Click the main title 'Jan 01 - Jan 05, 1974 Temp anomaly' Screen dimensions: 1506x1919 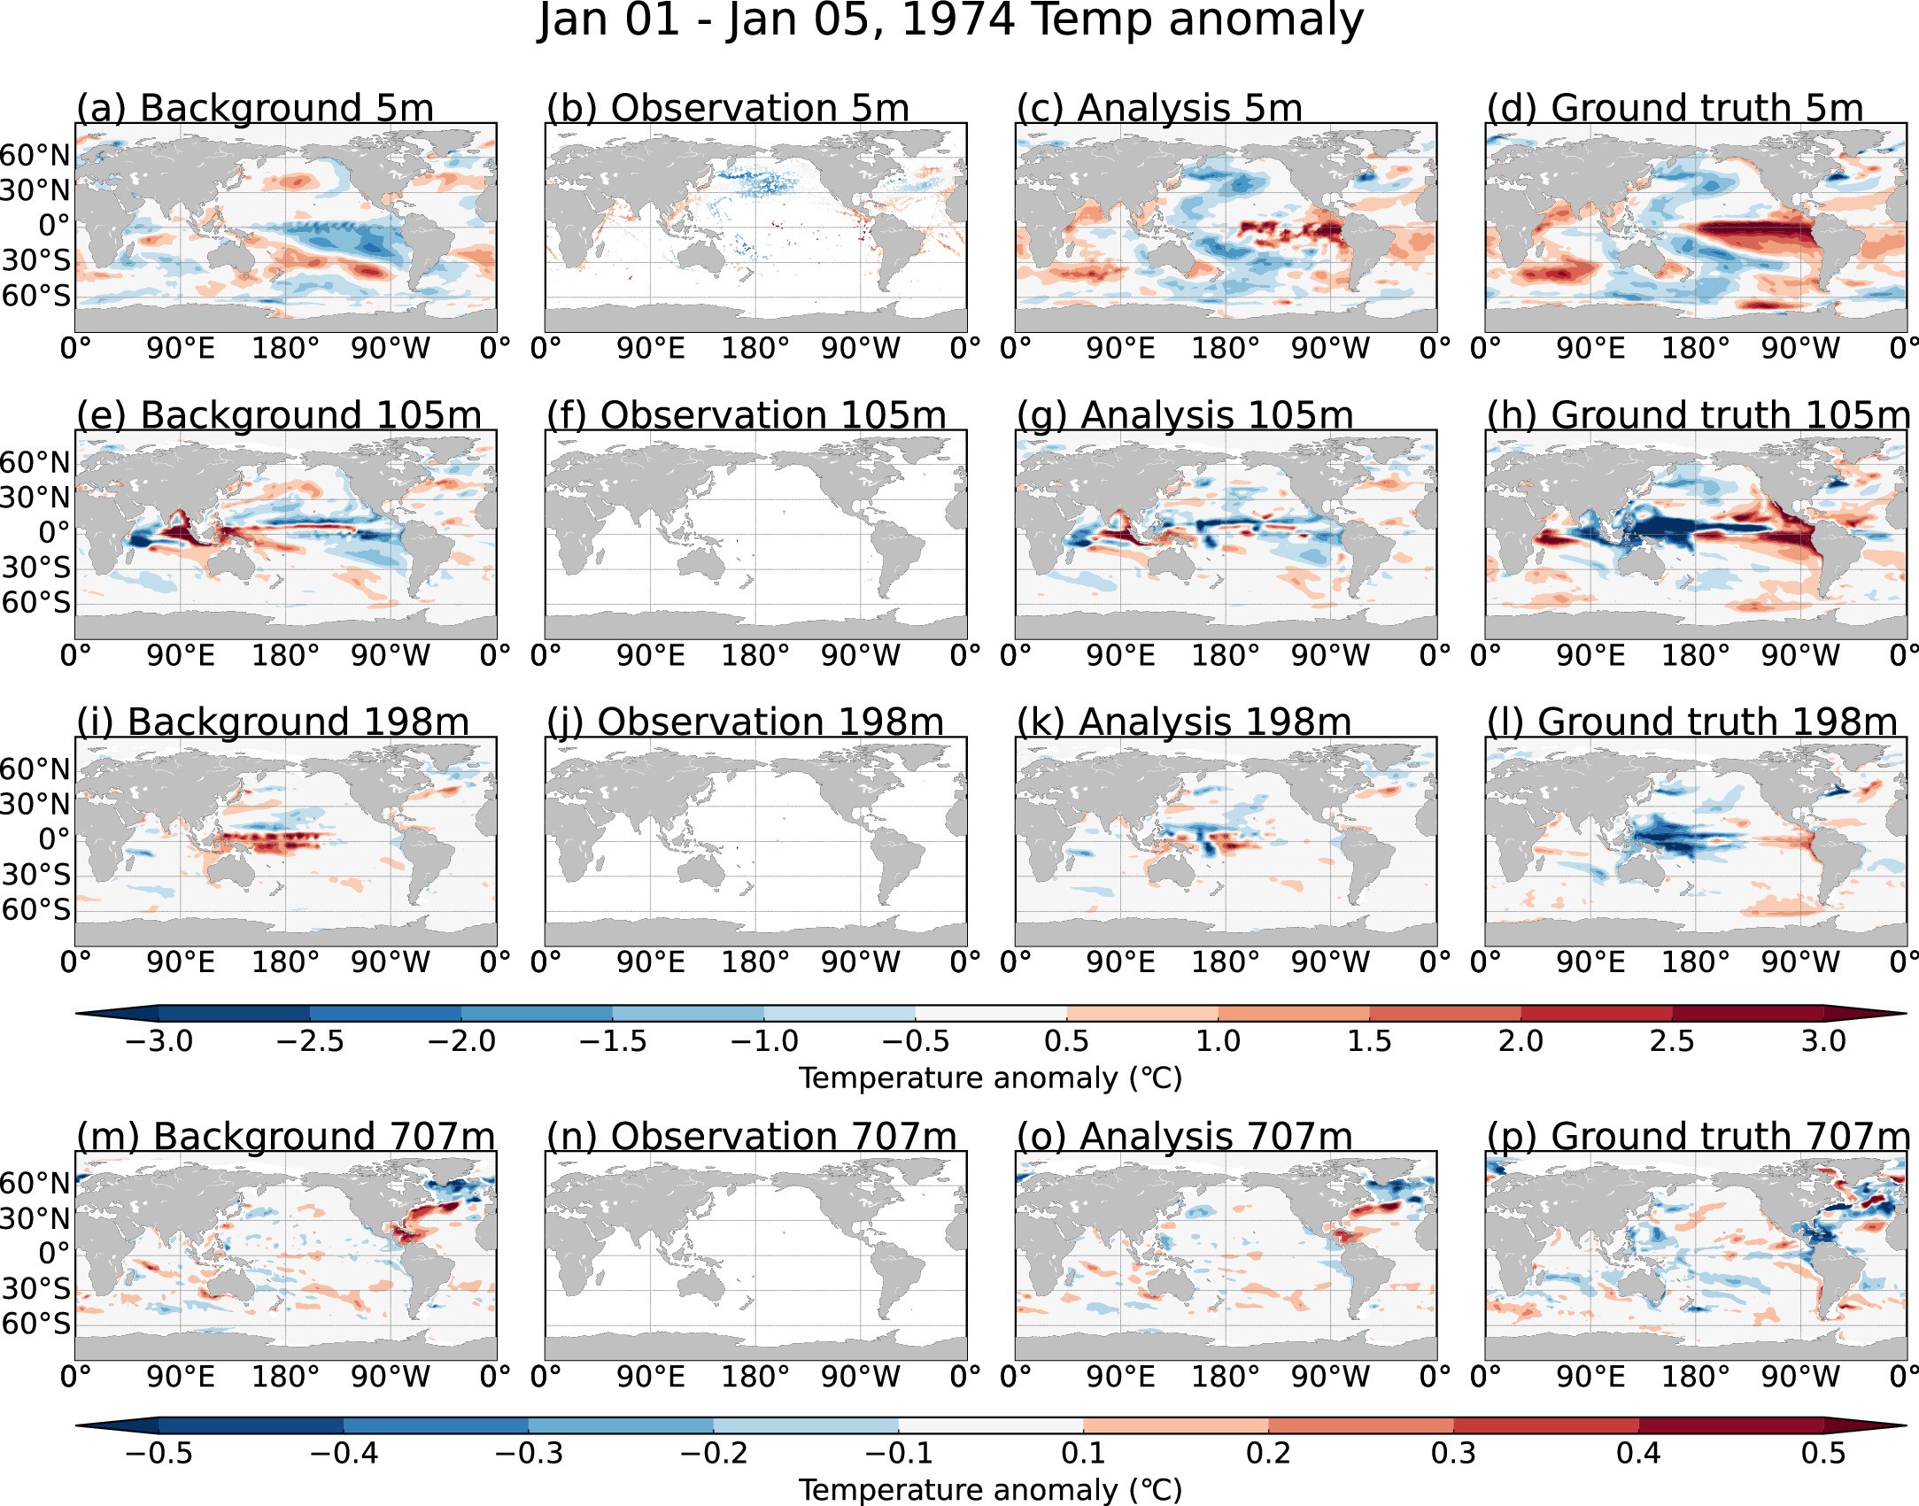(x=951, y=21)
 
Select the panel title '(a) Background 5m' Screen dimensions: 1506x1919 (x=255, y=109)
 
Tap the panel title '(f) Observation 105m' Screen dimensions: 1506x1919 (x=746, y=416)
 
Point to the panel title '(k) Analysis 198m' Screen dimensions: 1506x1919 (x=1183, y=722)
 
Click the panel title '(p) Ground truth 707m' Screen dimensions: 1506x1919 (x=1698, y=1137)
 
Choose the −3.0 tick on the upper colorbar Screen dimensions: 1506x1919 (x=159, y=1041)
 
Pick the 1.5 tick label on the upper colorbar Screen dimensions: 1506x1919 (x=1369, y=1041)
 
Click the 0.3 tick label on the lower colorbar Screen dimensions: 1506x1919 (x=1453, y=1454)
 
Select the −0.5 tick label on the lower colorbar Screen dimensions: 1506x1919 (x=159, y=1454)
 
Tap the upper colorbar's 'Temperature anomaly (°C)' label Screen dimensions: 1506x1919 (x=990, y=1078)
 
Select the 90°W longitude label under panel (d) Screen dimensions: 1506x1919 (x=1800, y=349)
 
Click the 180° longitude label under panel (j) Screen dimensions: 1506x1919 (x=755, y=962)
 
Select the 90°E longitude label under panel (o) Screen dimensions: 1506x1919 (x=1120, y=1377)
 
